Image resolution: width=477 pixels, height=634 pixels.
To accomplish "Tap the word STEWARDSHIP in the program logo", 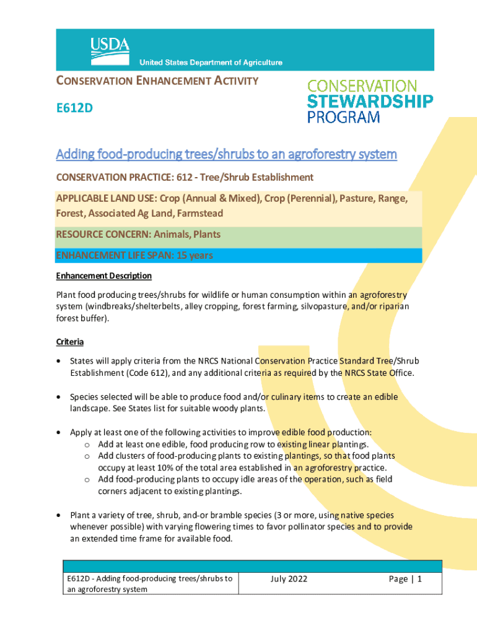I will click(x=370, y=101).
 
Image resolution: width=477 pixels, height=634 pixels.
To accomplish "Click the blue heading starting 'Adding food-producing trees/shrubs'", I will click(x=226, y=154).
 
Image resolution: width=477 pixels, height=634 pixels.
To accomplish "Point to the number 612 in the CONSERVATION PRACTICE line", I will click(x=167, y=178).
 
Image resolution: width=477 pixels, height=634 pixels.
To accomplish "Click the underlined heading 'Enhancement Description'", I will click(x=103, y=276).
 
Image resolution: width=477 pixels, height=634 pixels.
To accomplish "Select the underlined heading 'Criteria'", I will click(x=70, y=342).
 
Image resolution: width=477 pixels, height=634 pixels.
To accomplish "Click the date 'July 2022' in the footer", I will click(x=289, y=580).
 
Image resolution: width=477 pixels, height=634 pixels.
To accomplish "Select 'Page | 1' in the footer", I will click(x=405, y=580).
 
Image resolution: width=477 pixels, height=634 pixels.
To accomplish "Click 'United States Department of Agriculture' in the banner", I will click(x=211, y=63).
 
